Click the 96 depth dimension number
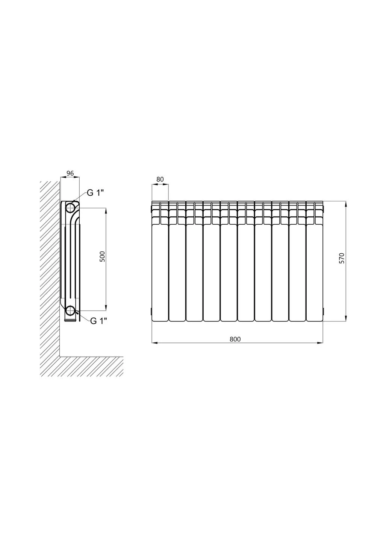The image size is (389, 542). (x=70, y=173)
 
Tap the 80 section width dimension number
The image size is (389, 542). (x=160, y=179)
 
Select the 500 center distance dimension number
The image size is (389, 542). (x=103, y=256)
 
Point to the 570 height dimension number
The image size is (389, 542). (x=342, y=258)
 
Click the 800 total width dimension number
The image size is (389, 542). (x=235, y=339)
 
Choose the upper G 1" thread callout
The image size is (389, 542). (x=95, y=193)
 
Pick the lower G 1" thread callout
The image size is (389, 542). (x=98, y=321)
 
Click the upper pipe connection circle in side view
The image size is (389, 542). (x=71, y=208)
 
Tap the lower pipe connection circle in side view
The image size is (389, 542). (x=71, y=311)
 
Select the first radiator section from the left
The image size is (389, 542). (x=160, y=261)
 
